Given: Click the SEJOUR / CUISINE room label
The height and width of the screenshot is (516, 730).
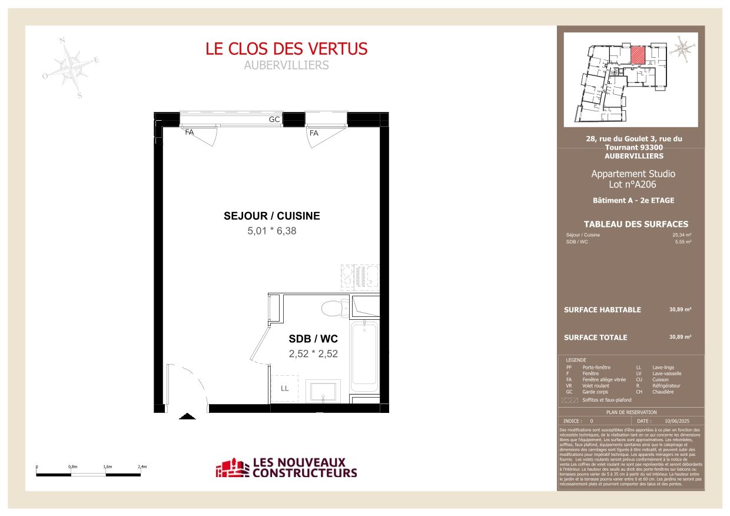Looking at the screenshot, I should click(272, 216).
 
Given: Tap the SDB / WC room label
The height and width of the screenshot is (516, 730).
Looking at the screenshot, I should click(313, 339).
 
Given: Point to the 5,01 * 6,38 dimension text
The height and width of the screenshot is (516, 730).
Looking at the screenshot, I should click(272, 231).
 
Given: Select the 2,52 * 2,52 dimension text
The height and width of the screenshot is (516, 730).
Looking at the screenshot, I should click(313, 354).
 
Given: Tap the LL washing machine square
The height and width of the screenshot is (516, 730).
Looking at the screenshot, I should click(285, 388).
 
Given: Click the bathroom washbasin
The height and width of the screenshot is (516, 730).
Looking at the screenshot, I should click(321, 392).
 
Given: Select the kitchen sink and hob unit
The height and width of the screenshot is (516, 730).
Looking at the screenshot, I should click(360, 276).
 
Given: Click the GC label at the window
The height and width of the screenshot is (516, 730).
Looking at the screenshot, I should click(274, 120).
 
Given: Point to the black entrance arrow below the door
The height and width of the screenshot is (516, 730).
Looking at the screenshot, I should click(187, 416).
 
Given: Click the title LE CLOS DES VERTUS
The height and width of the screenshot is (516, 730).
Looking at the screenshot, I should click(287, 48).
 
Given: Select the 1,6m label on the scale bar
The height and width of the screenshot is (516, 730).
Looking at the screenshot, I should click(108, 467).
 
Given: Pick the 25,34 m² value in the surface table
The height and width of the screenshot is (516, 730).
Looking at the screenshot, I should click(682, 235).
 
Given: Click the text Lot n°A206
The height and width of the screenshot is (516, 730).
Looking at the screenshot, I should click(633, 184).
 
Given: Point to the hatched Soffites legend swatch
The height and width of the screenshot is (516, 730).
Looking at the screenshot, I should click(569, 400).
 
